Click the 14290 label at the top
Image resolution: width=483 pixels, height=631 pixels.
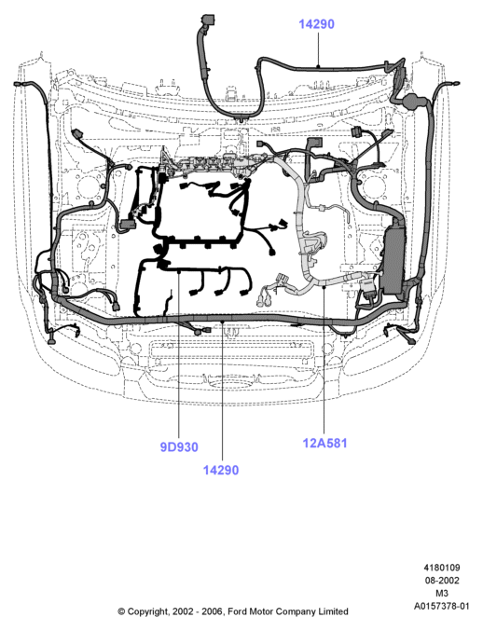coord(316,24)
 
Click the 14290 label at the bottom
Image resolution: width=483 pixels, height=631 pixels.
coord(221,470)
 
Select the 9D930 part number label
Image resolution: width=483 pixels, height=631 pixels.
coord(179,447)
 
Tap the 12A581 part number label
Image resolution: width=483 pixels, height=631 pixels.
coord(324,443)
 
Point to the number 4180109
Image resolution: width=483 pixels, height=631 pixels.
coord(442,568)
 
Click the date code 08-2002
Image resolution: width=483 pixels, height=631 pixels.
coord(442,581)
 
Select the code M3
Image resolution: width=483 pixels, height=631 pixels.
coord(442,593)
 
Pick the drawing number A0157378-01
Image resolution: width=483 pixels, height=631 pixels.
coord(442,606)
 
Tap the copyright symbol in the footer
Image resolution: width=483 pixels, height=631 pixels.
coord(121,611)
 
